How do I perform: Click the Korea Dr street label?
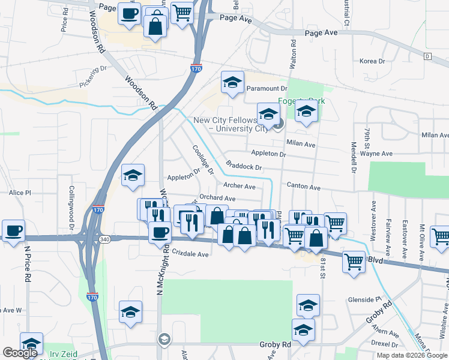coord(372,61)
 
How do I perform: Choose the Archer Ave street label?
coord(239,186)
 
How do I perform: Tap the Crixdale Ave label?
coord(190,254)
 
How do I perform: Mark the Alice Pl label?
coord(19,193)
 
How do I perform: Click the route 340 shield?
coord(106,239)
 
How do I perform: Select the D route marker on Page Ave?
coord(427,56)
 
